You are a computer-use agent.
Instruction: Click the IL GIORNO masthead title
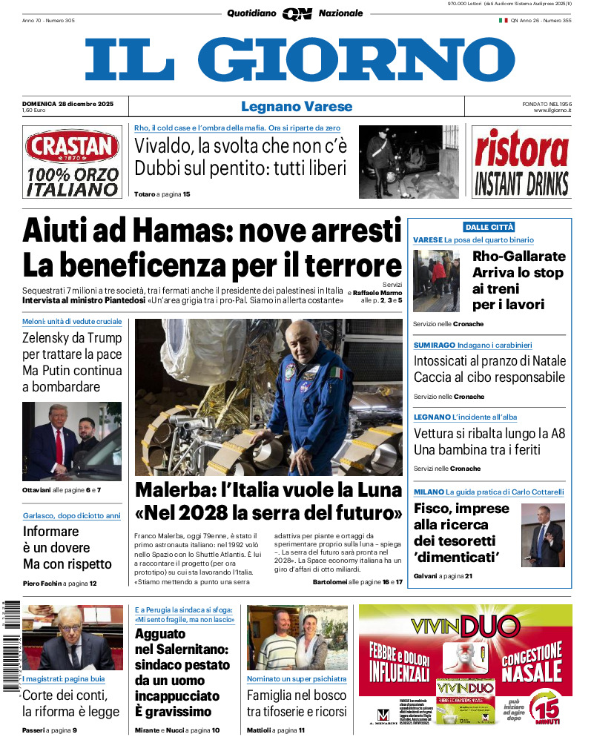click(x=299, y=59)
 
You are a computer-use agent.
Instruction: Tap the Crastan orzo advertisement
click(x=72, y=162)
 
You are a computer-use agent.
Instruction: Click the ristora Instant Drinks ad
click(x=521, y=162)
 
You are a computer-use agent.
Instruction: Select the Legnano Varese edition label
click(x=297, y=107)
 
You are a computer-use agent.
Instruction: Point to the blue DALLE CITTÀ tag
click(x=489, y=227)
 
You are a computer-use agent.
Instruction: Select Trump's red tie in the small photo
click(x=59, y=444)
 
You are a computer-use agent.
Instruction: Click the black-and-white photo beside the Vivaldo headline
click(x=409, y=161)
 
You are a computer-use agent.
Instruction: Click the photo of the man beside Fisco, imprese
click(x=543, y=535)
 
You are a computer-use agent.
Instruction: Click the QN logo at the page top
click(x=297, y=13)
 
